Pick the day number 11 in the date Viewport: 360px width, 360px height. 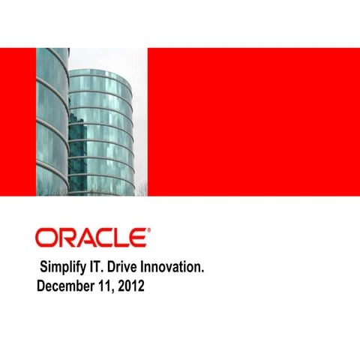[105, 286]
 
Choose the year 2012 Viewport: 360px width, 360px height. [131, 286]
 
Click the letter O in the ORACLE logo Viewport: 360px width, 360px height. [46, 238]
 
